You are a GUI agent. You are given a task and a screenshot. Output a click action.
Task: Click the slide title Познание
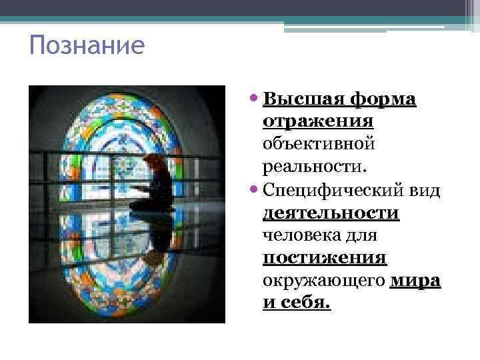(x=87, y=47)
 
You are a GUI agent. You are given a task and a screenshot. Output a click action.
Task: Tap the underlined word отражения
(x=317, y=122)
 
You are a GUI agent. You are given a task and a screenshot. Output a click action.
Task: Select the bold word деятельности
(x=331, y=213)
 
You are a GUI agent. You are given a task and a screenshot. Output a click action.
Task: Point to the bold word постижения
(x=325, y=258)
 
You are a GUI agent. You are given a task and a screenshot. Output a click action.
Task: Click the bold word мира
(x=415, y=281)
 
